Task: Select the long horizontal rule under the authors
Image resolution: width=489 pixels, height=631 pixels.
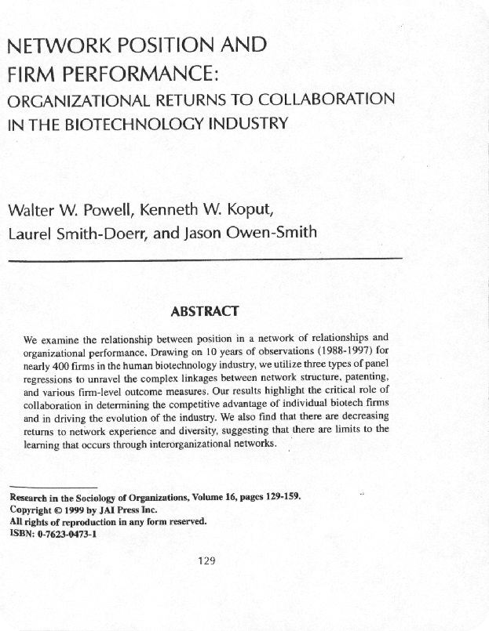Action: [x=204, y=258]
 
